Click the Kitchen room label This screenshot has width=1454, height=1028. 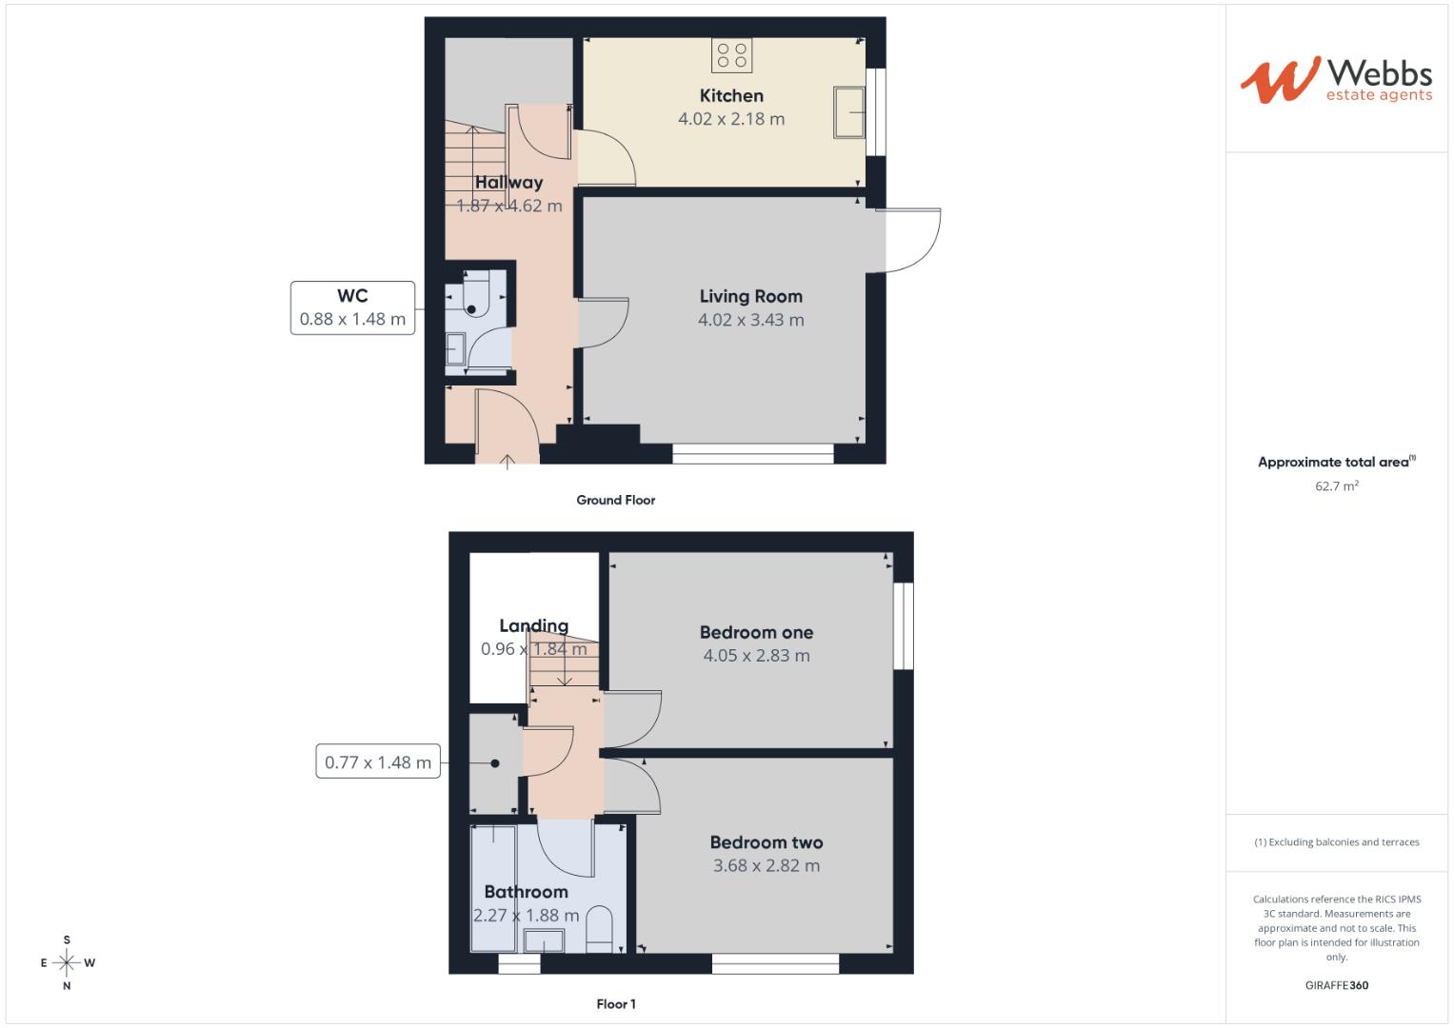731,95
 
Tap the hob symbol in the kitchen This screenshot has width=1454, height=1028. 731,55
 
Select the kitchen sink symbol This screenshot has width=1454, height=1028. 848,112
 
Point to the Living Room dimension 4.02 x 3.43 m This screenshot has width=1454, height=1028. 750,320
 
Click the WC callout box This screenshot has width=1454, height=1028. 352,307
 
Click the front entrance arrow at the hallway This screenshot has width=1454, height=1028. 508,462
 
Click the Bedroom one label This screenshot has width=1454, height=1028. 756,632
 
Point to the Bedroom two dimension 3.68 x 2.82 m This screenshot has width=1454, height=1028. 766,865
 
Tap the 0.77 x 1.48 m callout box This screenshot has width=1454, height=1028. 378,761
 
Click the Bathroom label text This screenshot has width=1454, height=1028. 526,892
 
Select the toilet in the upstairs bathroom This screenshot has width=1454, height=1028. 598,928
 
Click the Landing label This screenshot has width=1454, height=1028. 533,625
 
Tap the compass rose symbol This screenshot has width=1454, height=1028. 67,962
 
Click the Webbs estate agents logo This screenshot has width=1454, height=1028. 1336,80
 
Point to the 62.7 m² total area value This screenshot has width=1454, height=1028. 1336,485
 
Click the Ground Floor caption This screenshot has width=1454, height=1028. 615,500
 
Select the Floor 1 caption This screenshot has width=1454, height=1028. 615,1003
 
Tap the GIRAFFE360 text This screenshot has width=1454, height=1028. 1336,985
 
